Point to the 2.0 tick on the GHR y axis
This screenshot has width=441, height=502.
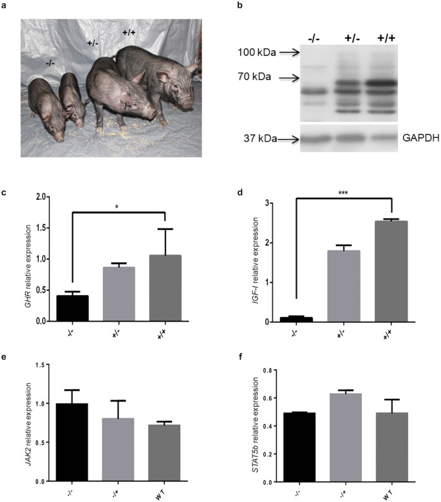(44, 197)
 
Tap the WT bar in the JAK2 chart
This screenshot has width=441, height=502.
(165, 452)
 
